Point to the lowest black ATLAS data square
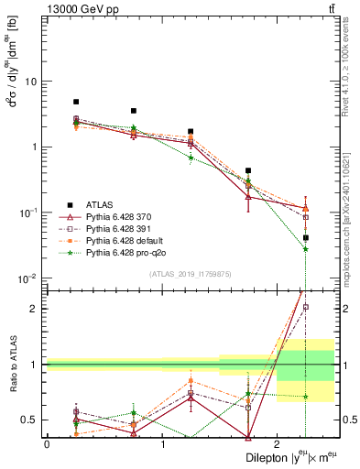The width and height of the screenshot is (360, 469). [305, 237]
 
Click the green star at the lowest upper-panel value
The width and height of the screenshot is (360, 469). [305, 249]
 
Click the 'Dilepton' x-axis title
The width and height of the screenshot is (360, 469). [267, 457]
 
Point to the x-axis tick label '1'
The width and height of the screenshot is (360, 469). [162, 443]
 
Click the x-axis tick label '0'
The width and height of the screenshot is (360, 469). [47, 443]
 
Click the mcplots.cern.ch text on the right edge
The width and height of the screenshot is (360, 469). [351, 197]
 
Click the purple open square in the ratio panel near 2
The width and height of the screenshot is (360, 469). [305, 307]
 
